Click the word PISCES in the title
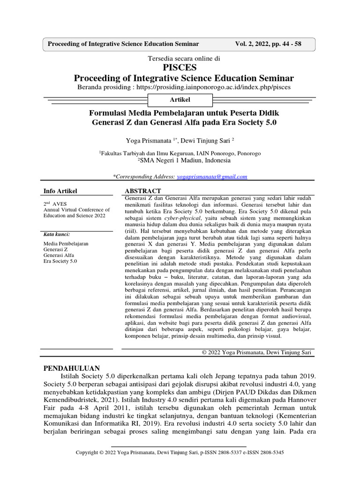180,67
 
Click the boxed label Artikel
180,100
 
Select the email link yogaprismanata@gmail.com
212,177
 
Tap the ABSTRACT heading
142,191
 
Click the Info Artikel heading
60,191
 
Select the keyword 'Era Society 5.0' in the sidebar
60,261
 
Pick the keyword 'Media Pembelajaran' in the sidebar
66,244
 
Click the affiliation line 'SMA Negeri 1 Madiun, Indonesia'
184,160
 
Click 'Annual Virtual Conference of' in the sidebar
76,210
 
